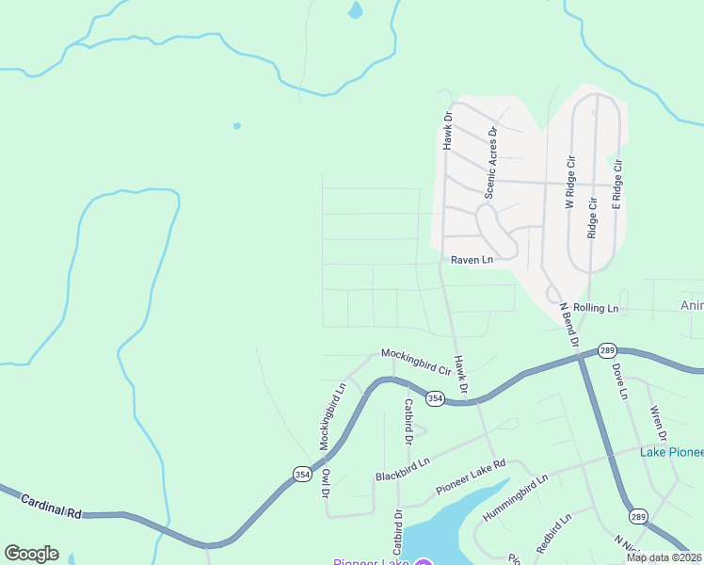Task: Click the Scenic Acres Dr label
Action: click(x=490, y=164)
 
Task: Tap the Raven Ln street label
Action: click(x=472, y=260)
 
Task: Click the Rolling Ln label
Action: click(x=596, y=308)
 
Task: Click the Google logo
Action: click(x=31, y=553)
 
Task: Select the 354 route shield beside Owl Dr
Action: click(x=301, y=474)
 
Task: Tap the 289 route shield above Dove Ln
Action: click(x=607, y=349)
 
